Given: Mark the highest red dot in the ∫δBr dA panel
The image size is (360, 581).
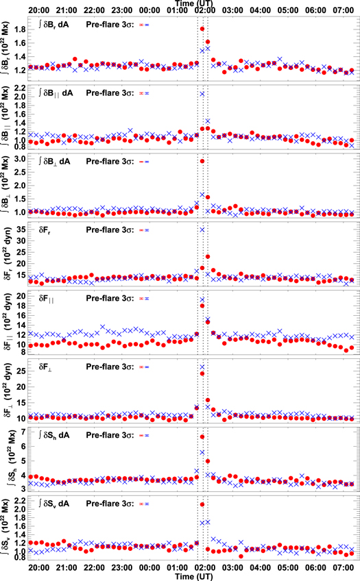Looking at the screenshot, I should point(202,29).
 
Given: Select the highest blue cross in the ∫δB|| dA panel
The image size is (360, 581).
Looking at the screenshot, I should point(202,94).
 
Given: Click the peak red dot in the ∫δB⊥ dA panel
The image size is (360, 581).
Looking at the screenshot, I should point(202,161).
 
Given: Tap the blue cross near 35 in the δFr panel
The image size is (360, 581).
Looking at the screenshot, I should point(202,230).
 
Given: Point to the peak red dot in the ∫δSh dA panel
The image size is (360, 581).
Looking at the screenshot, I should point(202,436).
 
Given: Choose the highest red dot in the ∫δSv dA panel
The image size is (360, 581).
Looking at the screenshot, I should point(202,504).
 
